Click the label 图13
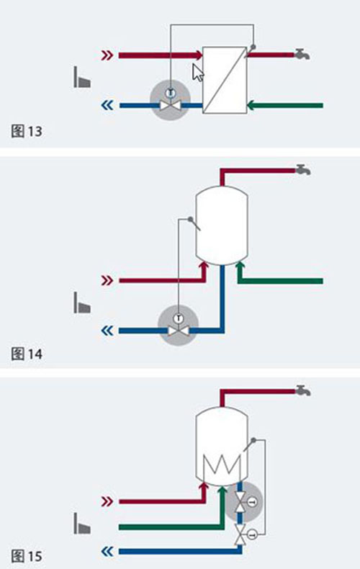click(x=27, y=131)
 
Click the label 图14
click(x=27, y=354)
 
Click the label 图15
click(x=27, y=556)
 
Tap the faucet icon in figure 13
click(x=302, y=54)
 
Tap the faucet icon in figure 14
click(x=302, y=170)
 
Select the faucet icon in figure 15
click(x=302, y=390)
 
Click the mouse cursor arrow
click(x=197, y=73)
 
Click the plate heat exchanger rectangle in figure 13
click(x=225, y=80)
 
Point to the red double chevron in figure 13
click(x=107, y=55)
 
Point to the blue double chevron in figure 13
click(x=107, y=105)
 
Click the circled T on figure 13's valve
click(x=170, y=93)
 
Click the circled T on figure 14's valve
click(x=178, y=318)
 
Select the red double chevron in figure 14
click(x=107, y=280)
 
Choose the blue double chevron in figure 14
click(x=107, y=331)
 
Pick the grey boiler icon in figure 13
click(x=82, y=77)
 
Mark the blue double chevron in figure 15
click(x=107, y=552)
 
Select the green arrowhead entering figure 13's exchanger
click(x=251, y=106)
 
